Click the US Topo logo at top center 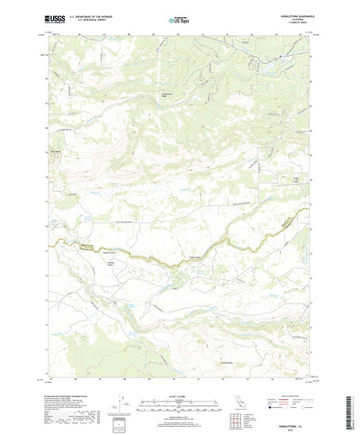pos(180,18)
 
